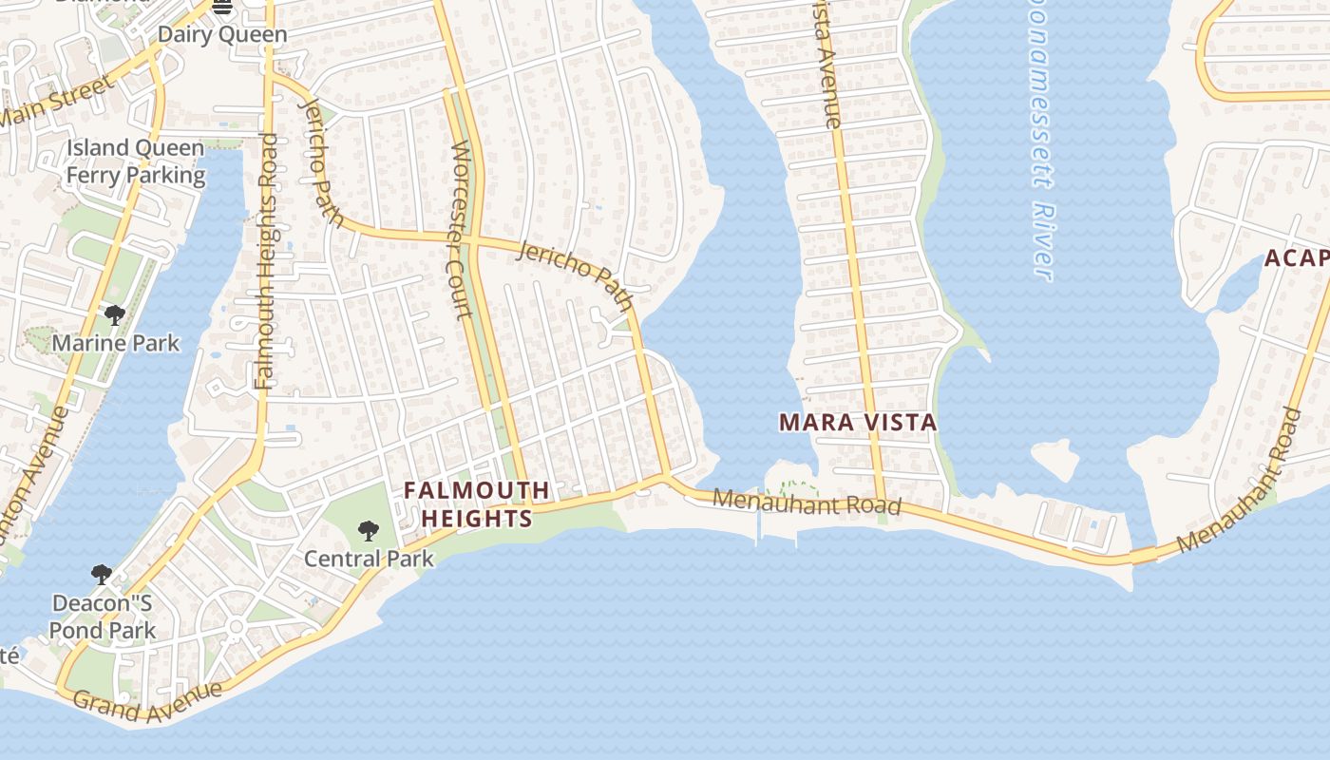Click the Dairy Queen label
pyautogui.click(x=222, y=35)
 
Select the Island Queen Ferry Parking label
pyautogui.click(x=135, y=161)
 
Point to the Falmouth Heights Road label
pyautogui.click(x=266, y=261)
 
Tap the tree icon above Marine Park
pyautogui.click(x=115, y=315)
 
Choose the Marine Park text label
pyautogui.click(x=116, y=343)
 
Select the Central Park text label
pyautogui.click(x=369, y=559)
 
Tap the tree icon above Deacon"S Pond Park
pyautogui.click(x=102, y=575)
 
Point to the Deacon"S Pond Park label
pyautogui.click(x=103, y=617)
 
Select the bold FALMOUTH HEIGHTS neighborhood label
pyautogui.click(x=477, y=504)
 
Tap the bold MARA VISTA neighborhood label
pyautogui.click(x=858, y=423)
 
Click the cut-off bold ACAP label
pyautogui.click(x=1296, y=258)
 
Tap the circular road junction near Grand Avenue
pyautogui.click(x=236, y=626)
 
